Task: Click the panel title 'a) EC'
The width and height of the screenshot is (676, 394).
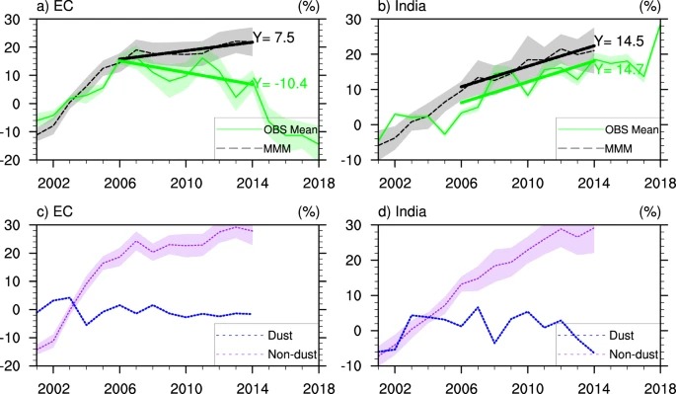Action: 24,8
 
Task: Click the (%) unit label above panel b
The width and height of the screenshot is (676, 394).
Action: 654,8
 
